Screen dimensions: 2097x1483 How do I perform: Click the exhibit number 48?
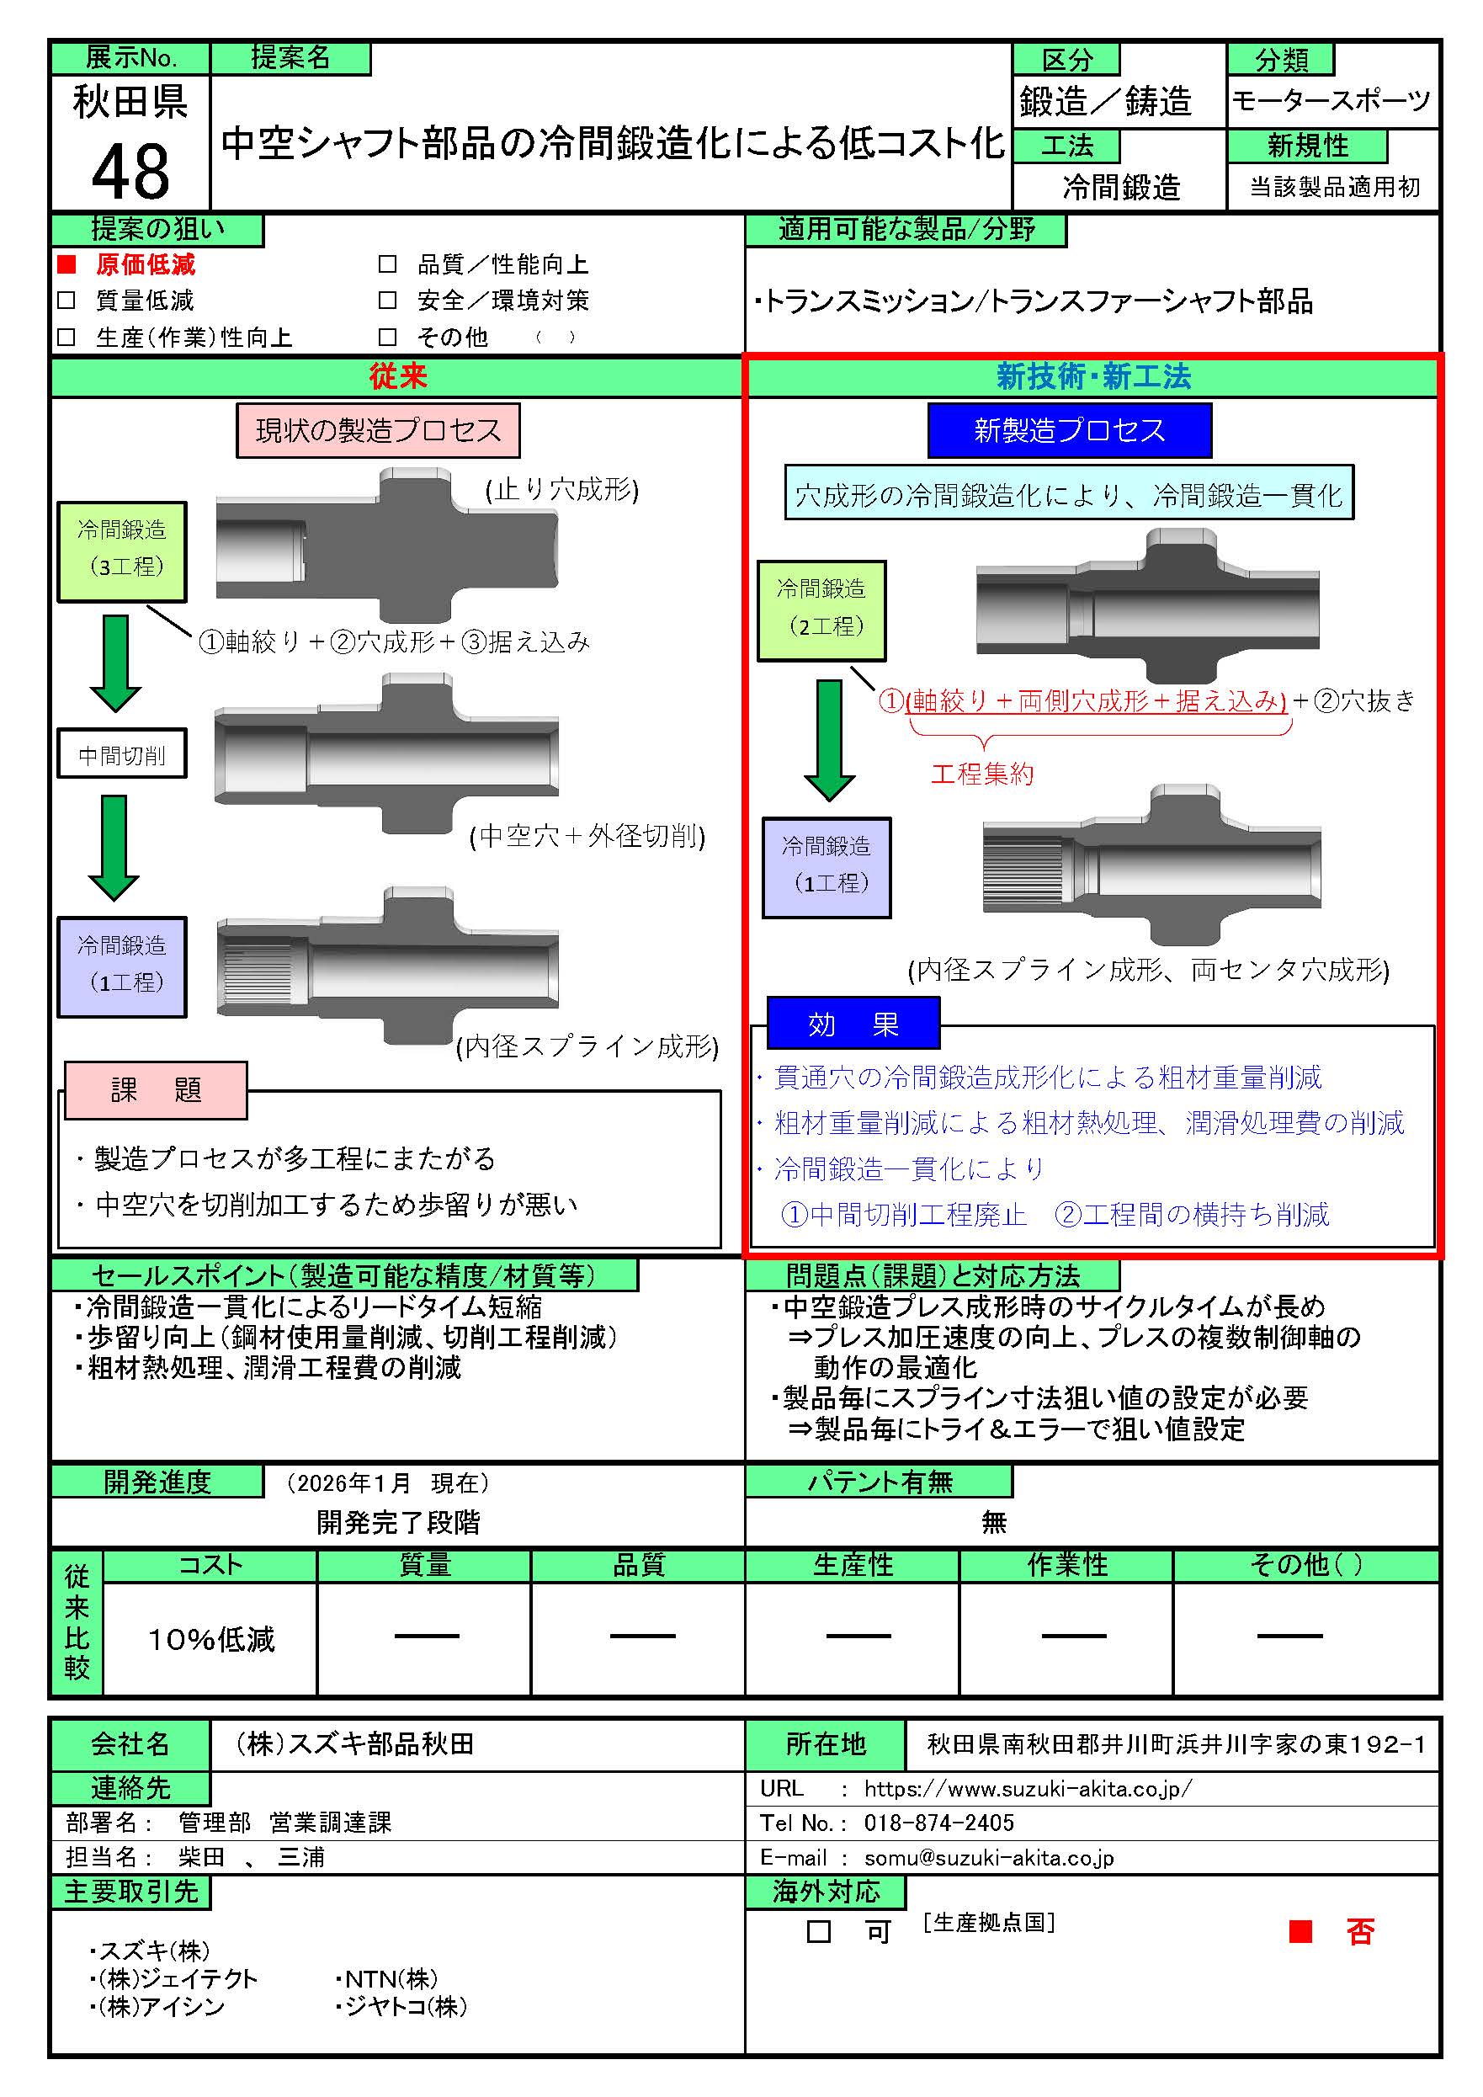(x=130, y=171)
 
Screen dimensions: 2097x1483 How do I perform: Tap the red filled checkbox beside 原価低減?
(x=66, y=265)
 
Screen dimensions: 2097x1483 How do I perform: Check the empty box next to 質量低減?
(x=66, y=301)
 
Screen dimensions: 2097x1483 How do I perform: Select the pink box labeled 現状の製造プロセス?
(x=378, y=430)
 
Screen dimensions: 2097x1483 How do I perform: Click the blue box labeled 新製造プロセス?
(x=1070, y=430)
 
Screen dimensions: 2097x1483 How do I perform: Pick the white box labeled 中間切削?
(x=121, y=753)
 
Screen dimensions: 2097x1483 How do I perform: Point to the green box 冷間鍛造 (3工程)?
(x=121, y=551)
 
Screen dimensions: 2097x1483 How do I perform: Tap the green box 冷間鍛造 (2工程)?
(x=821, y=610)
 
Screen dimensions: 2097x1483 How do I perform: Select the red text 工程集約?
(x=982, y=774)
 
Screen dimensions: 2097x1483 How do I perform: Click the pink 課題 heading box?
(x=157, y=1089)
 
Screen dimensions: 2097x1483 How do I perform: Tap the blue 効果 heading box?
(x=853, y=1024)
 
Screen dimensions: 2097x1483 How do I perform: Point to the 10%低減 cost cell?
(x=211, y=1639)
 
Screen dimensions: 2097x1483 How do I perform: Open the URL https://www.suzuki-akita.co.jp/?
(x=1029, y=1788)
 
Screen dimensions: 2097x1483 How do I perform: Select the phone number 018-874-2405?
(x=938, y=1823)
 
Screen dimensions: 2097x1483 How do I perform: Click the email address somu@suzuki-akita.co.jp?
(x=989, y=1858)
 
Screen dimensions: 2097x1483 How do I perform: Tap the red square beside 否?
(x=1300, y=1931)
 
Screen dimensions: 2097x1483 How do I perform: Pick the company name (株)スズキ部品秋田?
(x=354, y=1743)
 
